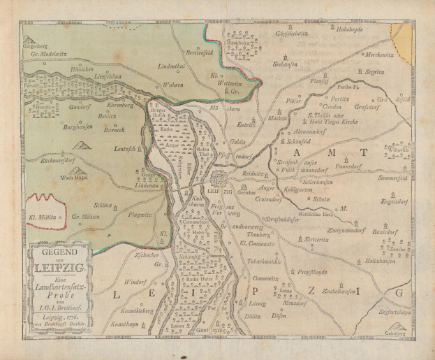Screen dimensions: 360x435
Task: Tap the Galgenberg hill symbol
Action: pyautogui.click(x=30, y=41)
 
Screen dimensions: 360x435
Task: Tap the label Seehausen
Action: pyautogui.click(x=286, y=62)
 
